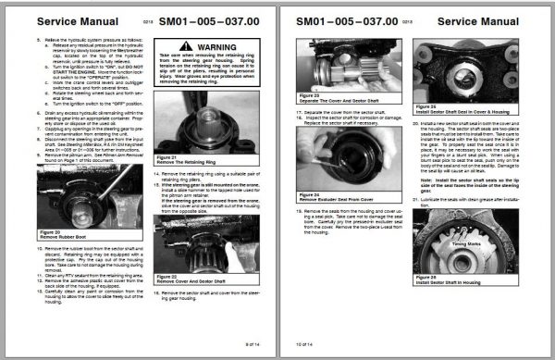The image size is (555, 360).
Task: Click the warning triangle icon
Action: pos(174,43)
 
